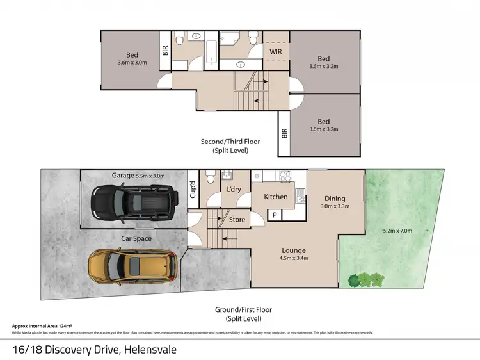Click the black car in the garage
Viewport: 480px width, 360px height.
[133, 203]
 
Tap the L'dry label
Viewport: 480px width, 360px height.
[234, 190]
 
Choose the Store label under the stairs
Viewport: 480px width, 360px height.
[237, 220]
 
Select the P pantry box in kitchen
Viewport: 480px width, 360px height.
[275, 215]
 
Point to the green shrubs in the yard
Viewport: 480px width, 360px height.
[366, 279]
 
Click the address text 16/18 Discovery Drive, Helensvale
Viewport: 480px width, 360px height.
[94, 350]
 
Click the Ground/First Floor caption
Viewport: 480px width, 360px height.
[243, 313]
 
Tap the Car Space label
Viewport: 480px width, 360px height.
[136, 238]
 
